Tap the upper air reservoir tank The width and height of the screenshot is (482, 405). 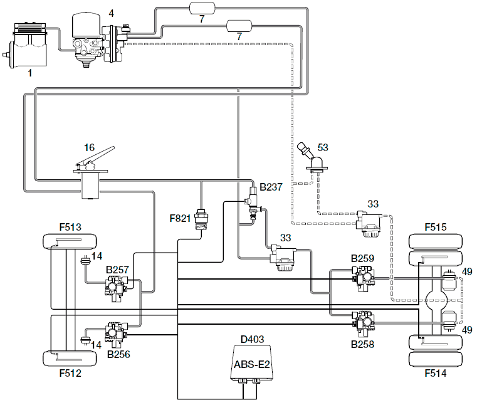coord(202,8)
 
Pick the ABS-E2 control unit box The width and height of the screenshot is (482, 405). coord(252,364)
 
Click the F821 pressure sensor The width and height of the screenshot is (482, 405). coord(202,219)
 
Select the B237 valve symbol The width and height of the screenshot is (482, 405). coord(253,203)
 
